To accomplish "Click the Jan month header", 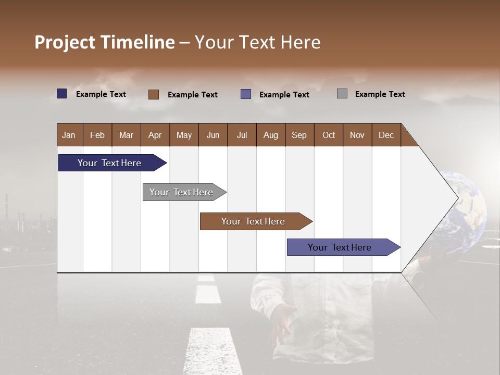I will point(69,135).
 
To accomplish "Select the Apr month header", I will point(155,135).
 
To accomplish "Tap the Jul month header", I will point(242,135).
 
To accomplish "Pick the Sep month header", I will point(299,135).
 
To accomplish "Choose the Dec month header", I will point(386,135).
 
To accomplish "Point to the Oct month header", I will point(329,135).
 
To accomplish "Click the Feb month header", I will point(97,135).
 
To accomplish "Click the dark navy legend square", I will point(62,94).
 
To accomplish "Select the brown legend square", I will point(154,94).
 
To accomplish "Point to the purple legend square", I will point(246,94).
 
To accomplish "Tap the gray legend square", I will point(342,94).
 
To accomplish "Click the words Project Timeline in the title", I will point(105,42).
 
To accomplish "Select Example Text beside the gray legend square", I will point(380,94).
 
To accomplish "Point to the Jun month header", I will point(213,135).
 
